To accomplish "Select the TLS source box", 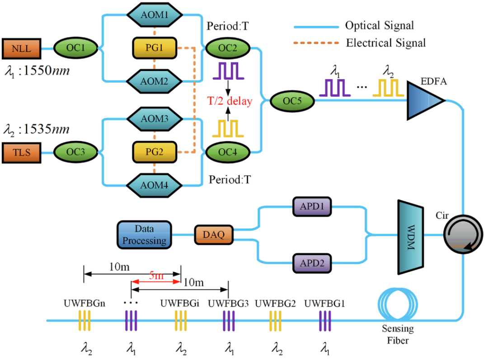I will [x=22, y=152].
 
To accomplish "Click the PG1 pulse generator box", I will [x=155, y=48].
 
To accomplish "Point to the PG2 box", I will [x=155, y=152].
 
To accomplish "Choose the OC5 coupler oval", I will [x=292, y=101].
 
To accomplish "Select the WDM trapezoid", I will [x=410, y=235].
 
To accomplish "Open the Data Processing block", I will [x=145, y=235].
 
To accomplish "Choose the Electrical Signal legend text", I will [x=386, y=43].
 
